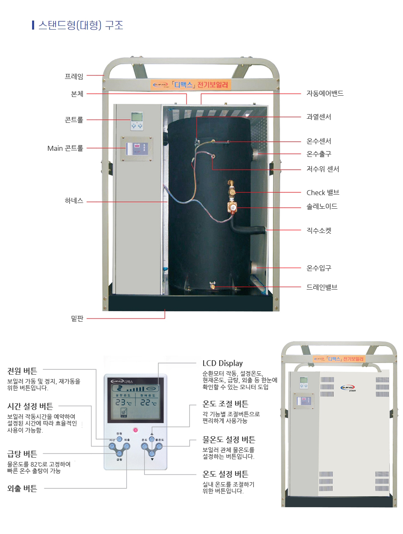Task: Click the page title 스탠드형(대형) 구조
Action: (81, 25)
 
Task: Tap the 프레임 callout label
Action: (74, 76)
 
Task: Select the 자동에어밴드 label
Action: (325, 94)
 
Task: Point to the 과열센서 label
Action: (319, 117)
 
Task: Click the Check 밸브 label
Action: (323, 193)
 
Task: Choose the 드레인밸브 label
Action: (322, 287)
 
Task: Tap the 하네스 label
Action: (74, 201)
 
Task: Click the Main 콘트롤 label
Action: (65, 148)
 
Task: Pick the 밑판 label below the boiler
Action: (77, 318)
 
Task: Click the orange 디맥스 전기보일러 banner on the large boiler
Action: (190, 85)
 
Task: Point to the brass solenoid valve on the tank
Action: (233, 207)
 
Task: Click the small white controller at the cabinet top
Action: (137, 121)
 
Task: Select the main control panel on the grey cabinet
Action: (137, 149)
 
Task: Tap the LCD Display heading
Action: (222, 364)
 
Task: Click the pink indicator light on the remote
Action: (135, 430)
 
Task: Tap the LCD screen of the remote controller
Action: (135, 401)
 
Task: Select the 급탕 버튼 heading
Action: (22, 454)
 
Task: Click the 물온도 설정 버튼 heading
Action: (229, 440)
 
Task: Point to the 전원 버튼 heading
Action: (22, 371)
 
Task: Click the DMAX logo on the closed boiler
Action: (347, 387)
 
